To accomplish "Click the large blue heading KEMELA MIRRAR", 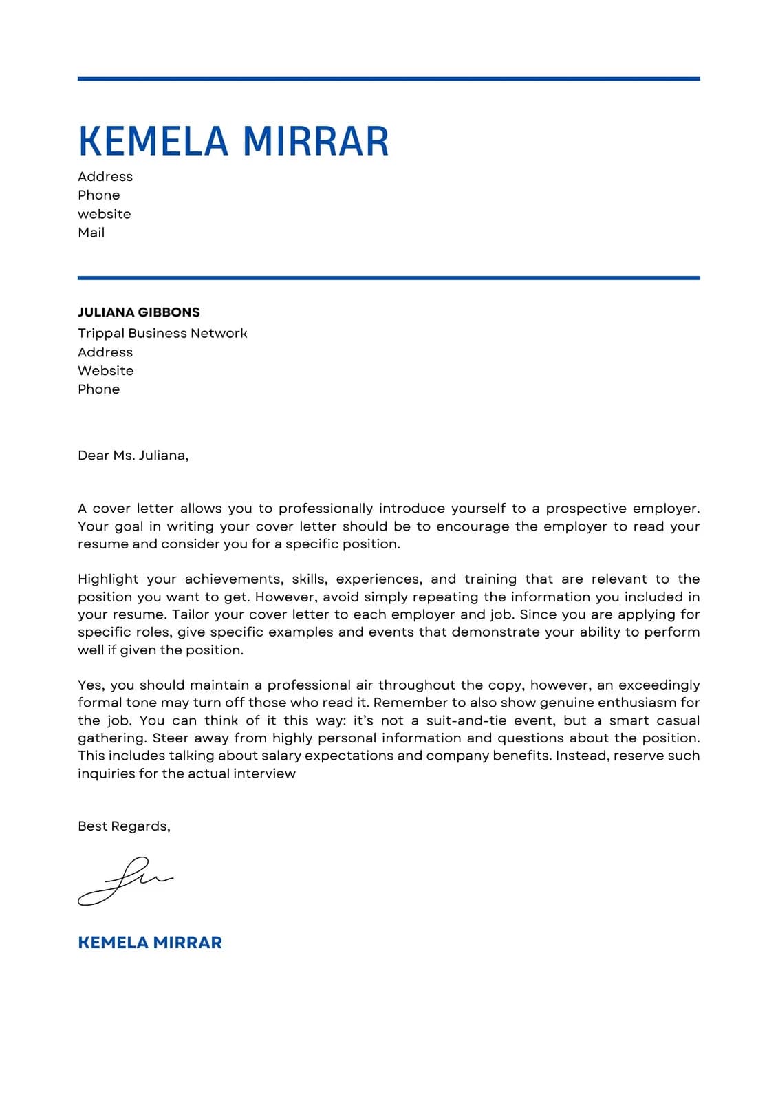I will [233, 141].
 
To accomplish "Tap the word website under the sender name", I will [104, 214].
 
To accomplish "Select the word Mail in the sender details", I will [91, 233].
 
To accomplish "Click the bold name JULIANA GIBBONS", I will [138, 312].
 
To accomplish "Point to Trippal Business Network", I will [162, 333].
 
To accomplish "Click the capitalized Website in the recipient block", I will [105, 371].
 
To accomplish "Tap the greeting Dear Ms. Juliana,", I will [133, 456].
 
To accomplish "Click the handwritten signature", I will [124, 881].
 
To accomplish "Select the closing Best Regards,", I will [124, 826].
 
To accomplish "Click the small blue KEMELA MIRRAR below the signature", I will [149, 943].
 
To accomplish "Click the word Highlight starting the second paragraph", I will [108, 579].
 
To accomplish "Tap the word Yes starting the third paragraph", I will [90, 685].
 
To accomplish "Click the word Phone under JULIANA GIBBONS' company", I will [98, 389].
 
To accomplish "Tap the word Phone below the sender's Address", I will [98, 195].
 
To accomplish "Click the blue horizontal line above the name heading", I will [389, 79].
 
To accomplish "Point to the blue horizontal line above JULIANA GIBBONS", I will [389, 278].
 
